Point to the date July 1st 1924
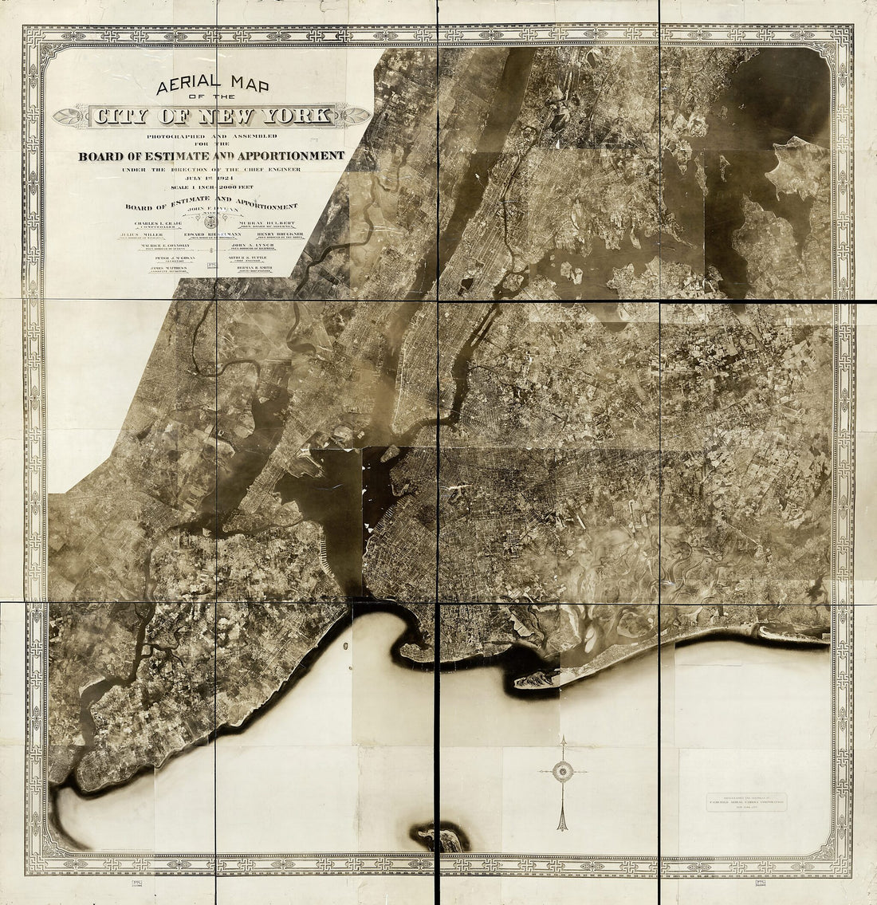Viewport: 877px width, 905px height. point(210,179)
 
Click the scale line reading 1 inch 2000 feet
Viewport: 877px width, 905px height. point(210,187)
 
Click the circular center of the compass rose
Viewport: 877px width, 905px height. point(564,769)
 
